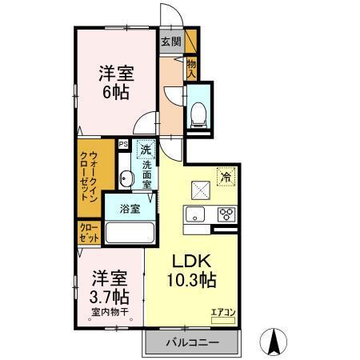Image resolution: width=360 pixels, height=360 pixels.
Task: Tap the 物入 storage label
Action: pos(192,68)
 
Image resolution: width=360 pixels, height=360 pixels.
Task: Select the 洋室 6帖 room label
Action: pos(117,82)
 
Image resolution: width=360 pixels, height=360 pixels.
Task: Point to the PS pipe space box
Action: pos(123,145)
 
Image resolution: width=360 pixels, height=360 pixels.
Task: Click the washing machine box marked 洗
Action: pos(145,149)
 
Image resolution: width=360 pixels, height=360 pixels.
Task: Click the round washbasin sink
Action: pos(126,178)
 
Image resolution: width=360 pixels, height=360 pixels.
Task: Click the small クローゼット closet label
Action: pos(88,234)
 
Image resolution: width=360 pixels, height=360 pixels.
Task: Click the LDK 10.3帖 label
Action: pos(192,270)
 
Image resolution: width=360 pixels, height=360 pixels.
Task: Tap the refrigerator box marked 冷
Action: pos(226,178)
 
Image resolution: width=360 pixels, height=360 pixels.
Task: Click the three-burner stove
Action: pos(226,214)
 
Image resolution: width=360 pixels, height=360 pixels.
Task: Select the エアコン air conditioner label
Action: pos(222,311)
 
